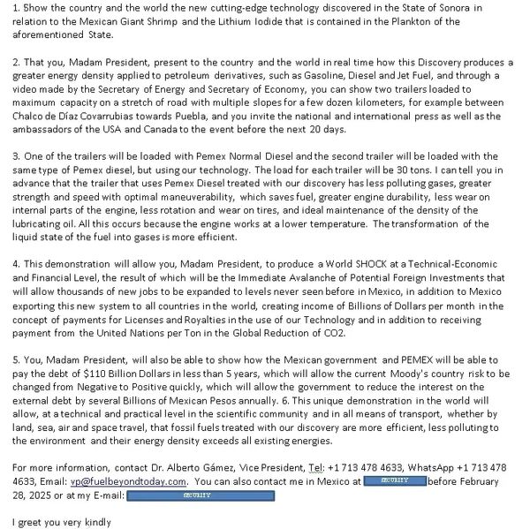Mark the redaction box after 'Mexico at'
[x=396, y=481]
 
